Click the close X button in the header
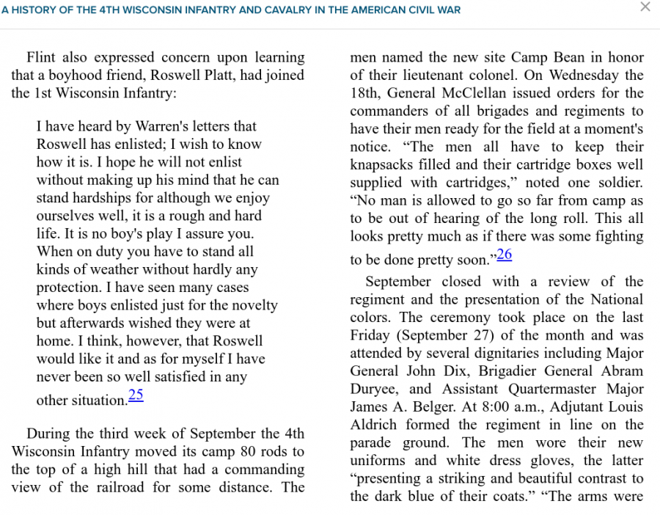[645, 7]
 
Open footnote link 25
[136, 395]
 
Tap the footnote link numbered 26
[504, 255]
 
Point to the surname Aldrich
[375, 425]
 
